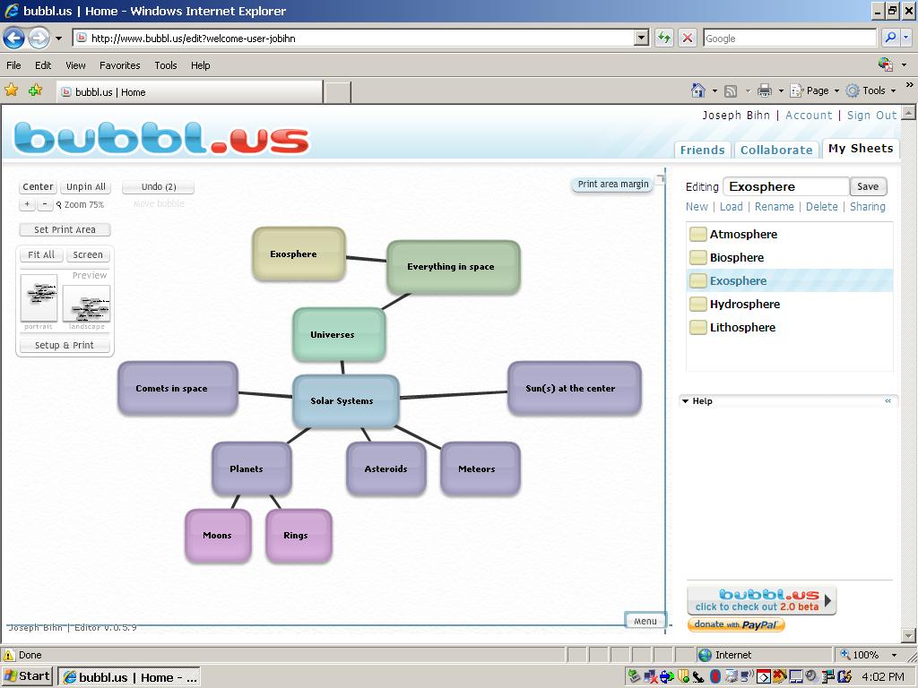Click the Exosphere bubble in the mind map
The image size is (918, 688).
coord(299,254)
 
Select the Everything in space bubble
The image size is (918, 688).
coord(453,266)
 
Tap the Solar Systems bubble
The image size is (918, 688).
coord(345,400)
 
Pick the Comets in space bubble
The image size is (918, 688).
coord(178,388)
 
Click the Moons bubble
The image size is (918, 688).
coord(218,535)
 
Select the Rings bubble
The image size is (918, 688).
coord(299,535)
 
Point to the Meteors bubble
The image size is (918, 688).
coord(480,469)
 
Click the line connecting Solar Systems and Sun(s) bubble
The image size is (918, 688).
coord(453,394)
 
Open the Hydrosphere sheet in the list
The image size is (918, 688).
coord(744,304)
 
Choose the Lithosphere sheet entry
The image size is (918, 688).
coord(742,327)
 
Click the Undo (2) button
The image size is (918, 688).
coord(158,186)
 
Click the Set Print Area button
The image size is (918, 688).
coord(65,229)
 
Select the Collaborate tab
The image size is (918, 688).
coord(776,150)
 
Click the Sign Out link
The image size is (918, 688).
coord(871,115)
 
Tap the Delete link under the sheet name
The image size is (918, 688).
coord(821,206)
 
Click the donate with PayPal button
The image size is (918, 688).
coord(736,624)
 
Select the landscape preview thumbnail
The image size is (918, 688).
coord(86,304)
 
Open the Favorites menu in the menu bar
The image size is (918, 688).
coord(119,65)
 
